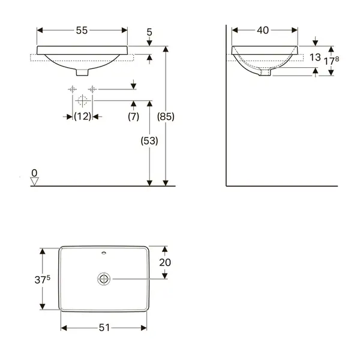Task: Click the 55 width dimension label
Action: pos(82,31)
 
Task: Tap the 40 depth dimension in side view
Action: pos(263,31)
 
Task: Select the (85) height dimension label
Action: pos(166,116)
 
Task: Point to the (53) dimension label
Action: pos(149,140)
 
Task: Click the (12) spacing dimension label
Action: pos(83,116)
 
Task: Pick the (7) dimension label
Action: pos(133,116)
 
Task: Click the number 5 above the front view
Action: pos(149,32)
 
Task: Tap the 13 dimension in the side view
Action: pos(315,57)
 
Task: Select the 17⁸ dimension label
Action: pos(331,61)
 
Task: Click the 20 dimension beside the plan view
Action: pos(165,262)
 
